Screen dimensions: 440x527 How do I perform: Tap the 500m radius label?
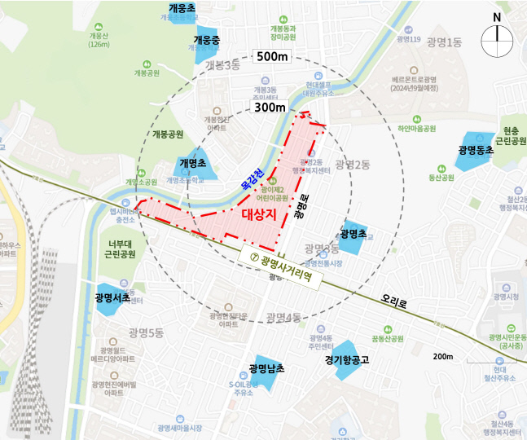[x=272, y=57]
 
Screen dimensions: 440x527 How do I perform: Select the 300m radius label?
[x=270, y=107]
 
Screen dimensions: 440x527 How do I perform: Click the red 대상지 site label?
[x=260, y=213]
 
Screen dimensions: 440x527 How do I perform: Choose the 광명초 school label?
[x=354, y=233]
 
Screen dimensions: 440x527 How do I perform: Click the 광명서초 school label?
[x=112, y=298]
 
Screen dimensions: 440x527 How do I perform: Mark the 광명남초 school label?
[x=267, y=368]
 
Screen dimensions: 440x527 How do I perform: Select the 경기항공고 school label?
[x=347, y=358]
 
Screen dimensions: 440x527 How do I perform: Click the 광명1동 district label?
[x=444, y=42]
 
